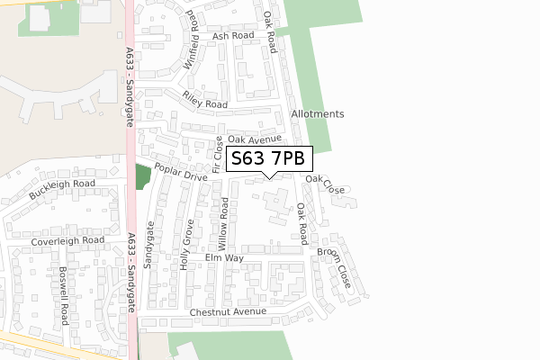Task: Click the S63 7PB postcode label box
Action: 267,159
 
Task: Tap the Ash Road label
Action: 234,36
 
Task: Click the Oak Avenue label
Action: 255,139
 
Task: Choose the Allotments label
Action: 318,114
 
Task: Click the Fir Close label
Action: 217,156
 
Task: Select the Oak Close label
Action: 325,184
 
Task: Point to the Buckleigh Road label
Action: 61,189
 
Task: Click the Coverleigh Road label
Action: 67,240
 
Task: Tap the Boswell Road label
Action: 64,295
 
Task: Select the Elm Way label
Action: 224,258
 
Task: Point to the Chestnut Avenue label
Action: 229,311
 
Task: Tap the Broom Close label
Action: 333,268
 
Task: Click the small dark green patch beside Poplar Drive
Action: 142,176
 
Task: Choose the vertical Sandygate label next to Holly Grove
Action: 150,252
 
